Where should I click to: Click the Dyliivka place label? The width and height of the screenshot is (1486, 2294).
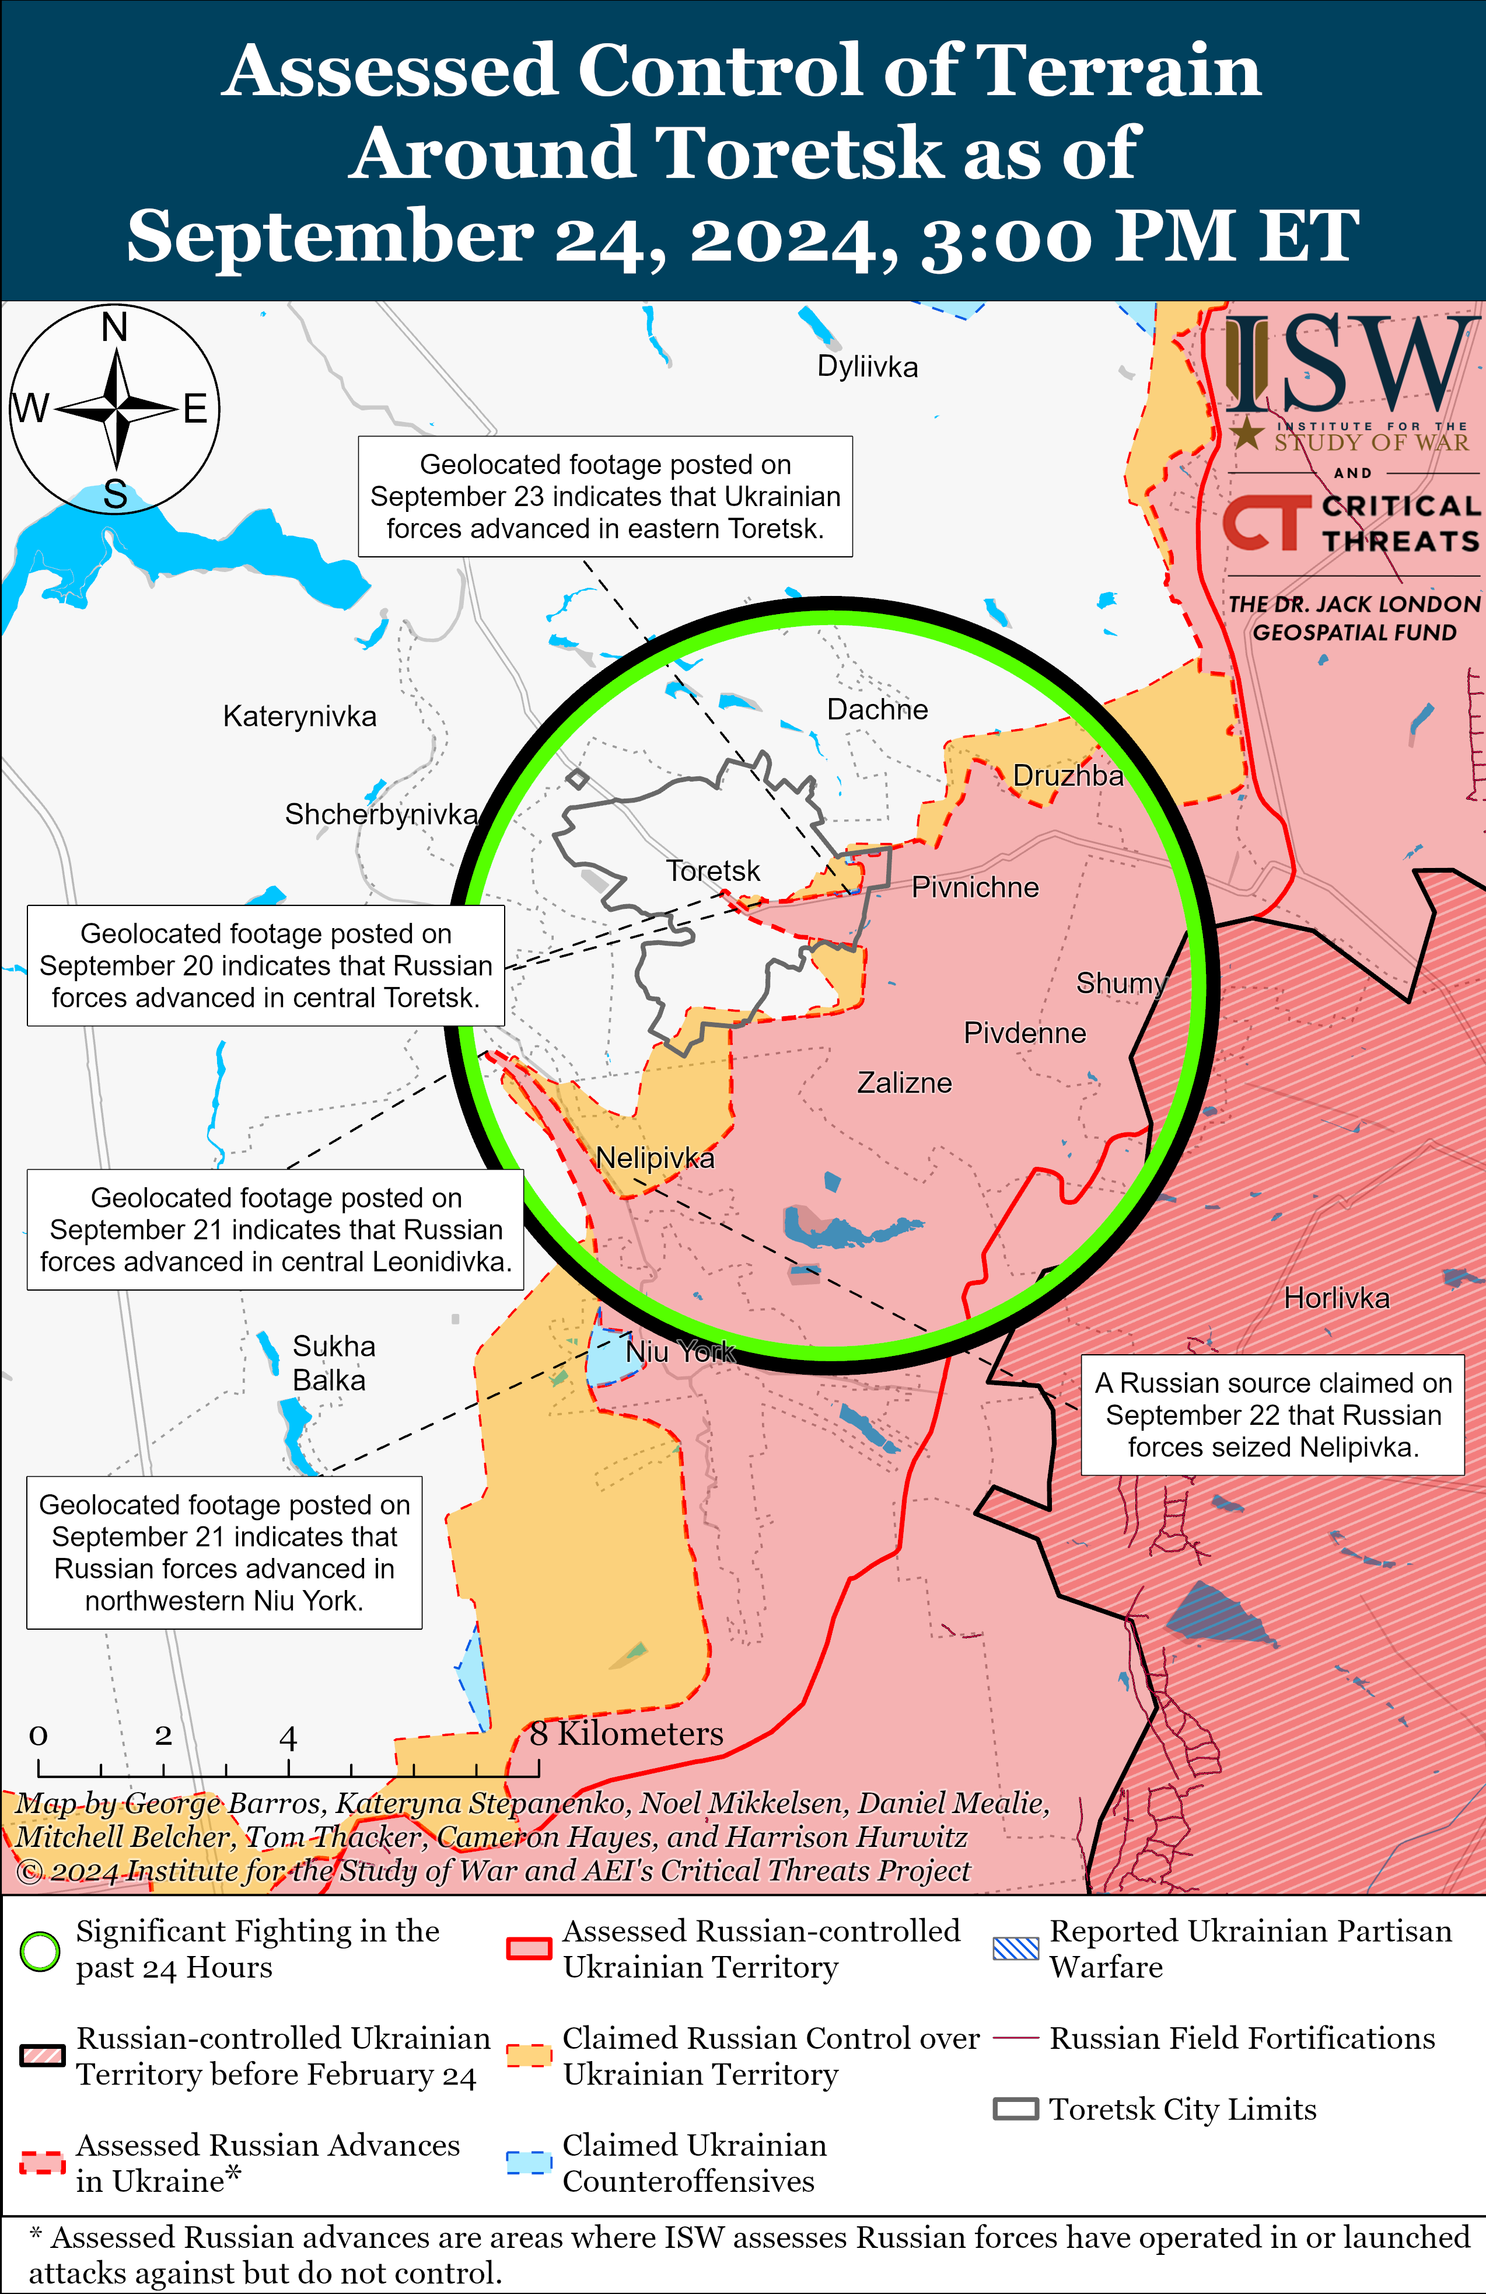point(868,367)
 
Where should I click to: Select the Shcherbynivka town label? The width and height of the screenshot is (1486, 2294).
point(382,814)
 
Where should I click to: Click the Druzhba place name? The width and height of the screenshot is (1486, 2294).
point(1068,776)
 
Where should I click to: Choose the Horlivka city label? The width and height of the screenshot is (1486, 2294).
point(1337,1298)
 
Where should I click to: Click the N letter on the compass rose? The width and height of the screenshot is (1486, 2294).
point(115,327)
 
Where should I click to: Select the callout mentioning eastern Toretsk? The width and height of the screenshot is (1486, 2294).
point(605,496)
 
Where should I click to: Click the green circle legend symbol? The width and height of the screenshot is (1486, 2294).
point(40,1952)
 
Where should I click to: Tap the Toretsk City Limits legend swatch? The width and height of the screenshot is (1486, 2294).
point(1016,2110)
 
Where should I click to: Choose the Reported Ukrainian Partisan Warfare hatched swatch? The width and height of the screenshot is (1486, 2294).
point(1016,1949)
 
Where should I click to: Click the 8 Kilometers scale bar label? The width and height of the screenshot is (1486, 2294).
point(627,1734)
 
